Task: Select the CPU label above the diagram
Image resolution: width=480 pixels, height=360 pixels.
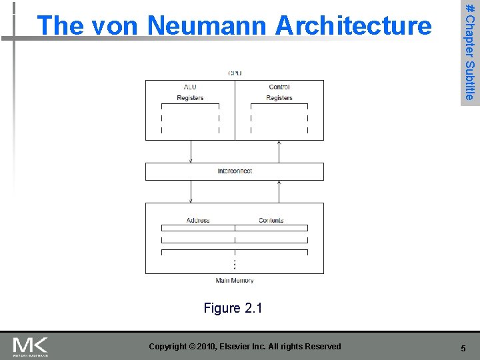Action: coord(235,73)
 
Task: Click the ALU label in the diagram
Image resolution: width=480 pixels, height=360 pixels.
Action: coord(190,87)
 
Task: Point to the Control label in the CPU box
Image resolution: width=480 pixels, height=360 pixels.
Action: coord(279,87)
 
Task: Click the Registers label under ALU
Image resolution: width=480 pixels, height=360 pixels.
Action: coord(190,98)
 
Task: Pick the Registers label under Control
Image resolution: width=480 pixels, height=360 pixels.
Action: coord(279,98)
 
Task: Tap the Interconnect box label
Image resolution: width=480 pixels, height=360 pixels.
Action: coord(235,171)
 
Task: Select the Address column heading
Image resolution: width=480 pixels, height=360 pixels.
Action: coord(198,221)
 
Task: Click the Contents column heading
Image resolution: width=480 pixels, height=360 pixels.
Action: coord(271,221)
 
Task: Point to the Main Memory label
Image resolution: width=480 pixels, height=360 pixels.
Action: coord(235,281)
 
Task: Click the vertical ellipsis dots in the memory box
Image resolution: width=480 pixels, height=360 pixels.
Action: coord(235,264)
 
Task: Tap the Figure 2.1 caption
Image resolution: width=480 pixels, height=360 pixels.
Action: coord(233,308)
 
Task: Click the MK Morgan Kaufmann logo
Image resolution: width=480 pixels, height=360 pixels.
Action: coord(31,346)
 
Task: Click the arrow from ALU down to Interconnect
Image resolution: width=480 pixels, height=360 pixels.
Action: coord(191,151)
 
